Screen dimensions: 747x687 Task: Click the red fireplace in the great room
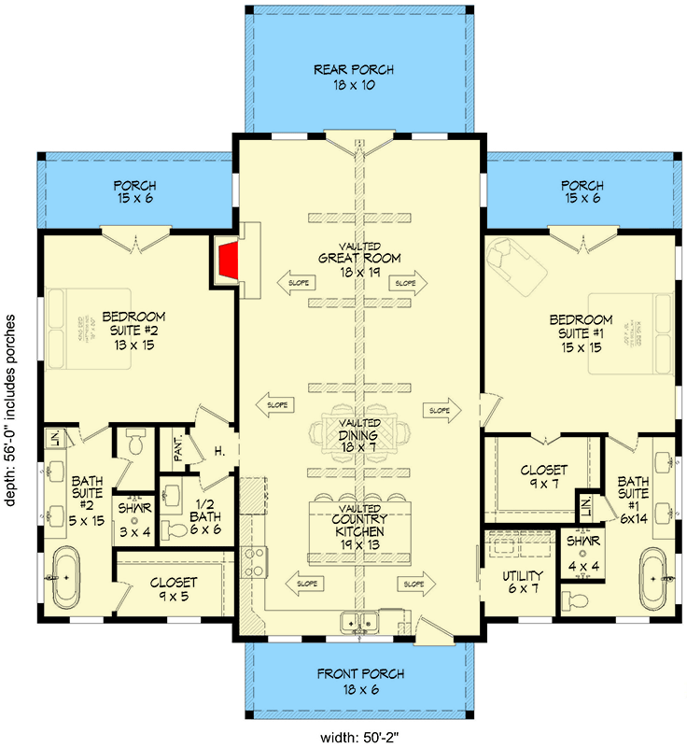[227, 261]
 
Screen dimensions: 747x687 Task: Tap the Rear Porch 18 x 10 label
[353, 78]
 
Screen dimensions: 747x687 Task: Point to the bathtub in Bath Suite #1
[652, 577]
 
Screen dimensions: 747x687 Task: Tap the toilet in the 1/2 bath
[175, 531]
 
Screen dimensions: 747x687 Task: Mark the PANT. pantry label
[177, 452]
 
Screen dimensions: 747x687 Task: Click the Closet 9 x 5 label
[174, 588]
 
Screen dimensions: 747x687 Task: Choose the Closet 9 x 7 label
[541, 478]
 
